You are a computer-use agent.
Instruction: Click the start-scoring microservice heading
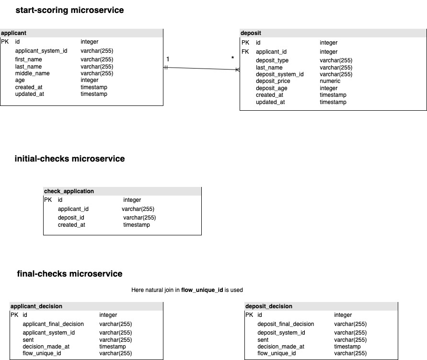pyautogui.click(x=69, y=10)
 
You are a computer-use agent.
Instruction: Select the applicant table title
pyautogui.click(x=14, y=33)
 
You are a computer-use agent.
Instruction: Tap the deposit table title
pyautogui.click(x=251, y=33)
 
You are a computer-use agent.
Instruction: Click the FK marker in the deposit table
pyautogui.click(x=245, y=52)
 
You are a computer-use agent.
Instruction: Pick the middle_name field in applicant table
pyautogui.click(x=32, y=73)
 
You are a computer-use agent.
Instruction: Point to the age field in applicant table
pyautogui.click(x=20, y=81)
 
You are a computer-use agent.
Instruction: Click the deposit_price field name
pyautogui.click(x=273, y=81)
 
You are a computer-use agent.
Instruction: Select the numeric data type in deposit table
pyautogui.click(x=330, y=81)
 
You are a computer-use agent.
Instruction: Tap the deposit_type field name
pyautogui.click(x=272, y=60)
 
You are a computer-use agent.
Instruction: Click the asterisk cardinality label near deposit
pyautogui.click(x=232, y=59)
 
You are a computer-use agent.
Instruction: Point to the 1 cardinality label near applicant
pyautogui.click(x=168, y=59)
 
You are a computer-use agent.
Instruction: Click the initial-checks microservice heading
pyautogui.click(x=69, y=159)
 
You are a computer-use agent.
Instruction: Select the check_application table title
pyautogui.click(x=69, y=191)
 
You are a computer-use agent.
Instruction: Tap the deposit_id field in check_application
pyautogui.click(x=71, y=218)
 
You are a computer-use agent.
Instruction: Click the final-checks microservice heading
pyautogui.click(x=69, y=274)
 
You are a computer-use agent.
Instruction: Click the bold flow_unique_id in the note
pyautogui.click(x=202, y=290)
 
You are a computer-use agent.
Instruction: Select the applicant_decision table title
pyautogui.click(x=36, y=306)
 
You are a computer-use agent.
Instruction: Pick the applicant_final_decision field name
pyautogui.click(x=53, y=324)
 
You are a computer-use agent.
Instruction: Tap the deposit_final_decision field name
pyautogui.click(x=286, y=324)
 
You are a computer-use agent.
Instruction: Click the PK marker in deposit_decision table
pyautogui.click(x=249, y=315)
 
